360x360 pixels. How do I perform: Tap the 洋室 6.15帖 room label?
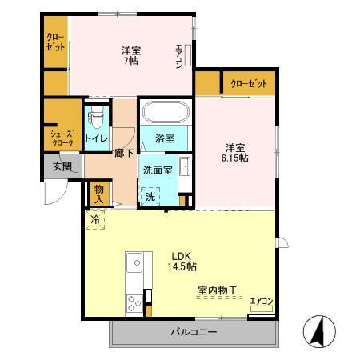[x=235, y=152]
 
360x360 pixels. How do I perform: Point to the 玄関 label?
[x=62, y=167]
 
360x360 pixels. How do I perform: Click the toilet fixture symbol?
[x=98, y=118]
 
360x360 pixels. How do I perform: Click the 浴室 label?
[x=166, y=138]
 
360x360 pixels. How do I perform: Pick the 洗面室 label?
[x=157, y=170]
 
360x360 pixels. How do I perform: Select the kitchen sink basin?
[x=134, y=262]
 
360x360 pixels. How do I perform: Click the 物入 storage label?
[x=99, y=193]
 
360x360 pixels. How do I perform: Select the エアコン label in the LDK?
[x=261, y=302]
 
